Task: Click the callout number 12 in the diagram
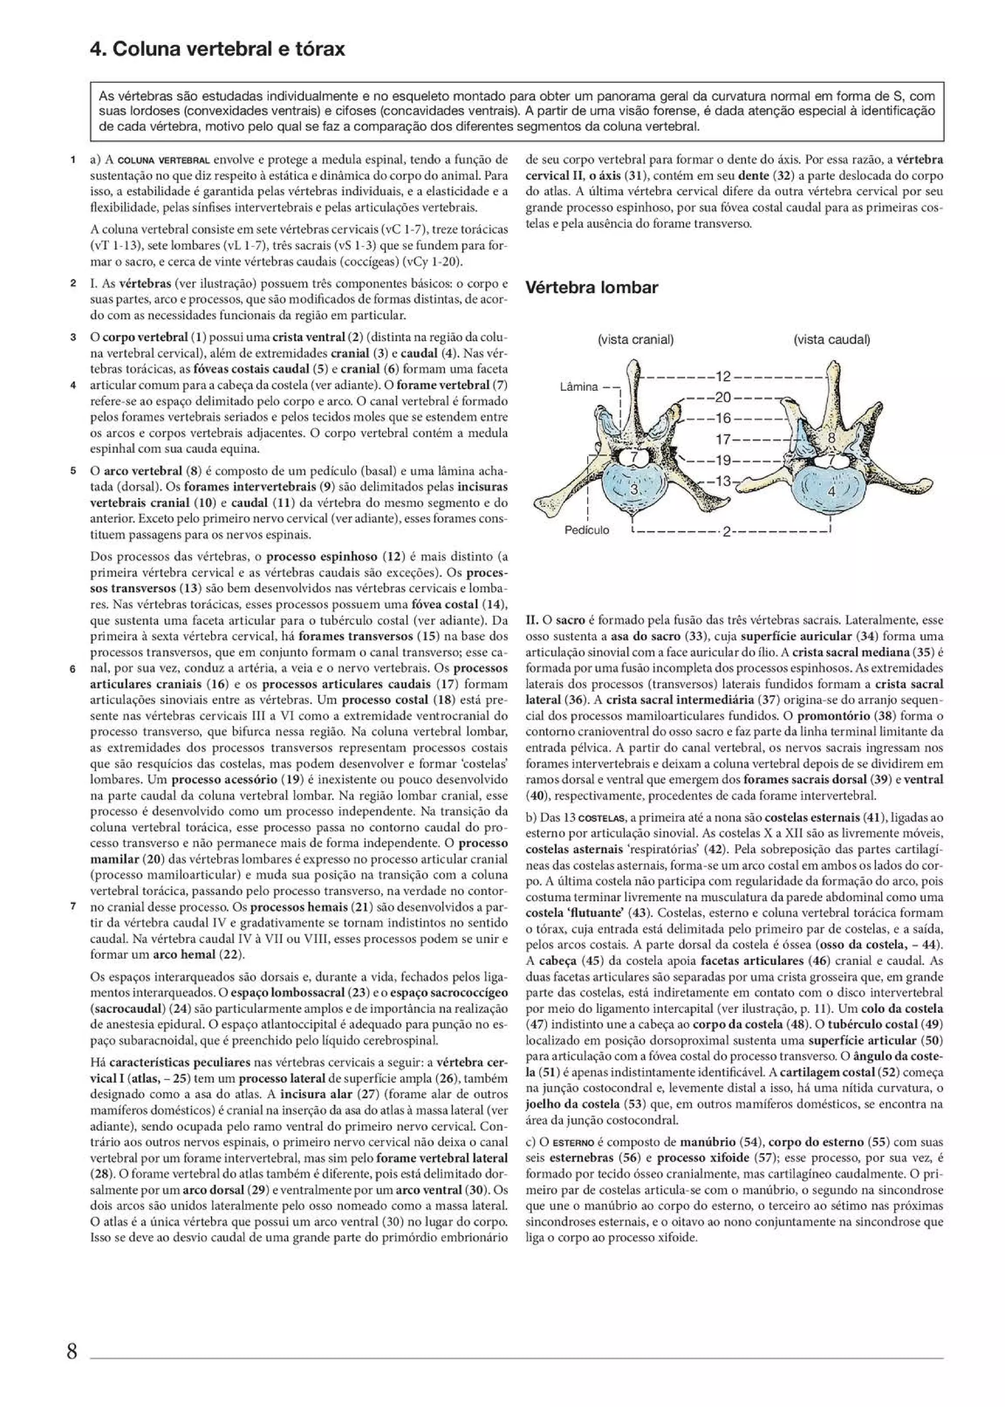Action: coord(723,376)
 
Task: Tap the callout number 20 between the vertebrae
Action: coord(723,397)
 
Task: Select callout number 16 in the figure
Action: coord(723,418)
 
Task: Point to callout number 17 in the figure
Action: coord(723,440)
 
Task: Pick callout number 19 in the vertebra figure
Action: coord(723,460)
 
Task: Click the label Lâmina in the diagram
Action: coord(579,387)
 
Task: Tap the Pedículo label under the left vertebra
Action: coord(586,530)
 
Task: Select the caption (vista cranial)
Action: coord(635,340)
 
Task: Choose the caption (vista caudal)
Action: coord(832,340)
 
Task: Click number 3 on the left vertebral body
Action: coord(633,489)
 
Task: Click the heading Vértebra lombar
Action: coord(591,288)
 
